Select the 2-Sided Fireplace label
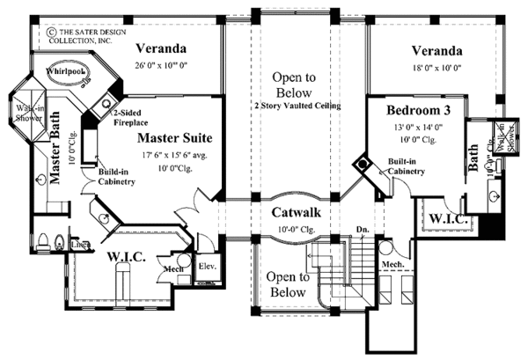point(128,119)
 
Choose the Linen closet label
point(77,245)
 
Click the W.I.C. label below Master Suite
point(133,258)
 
